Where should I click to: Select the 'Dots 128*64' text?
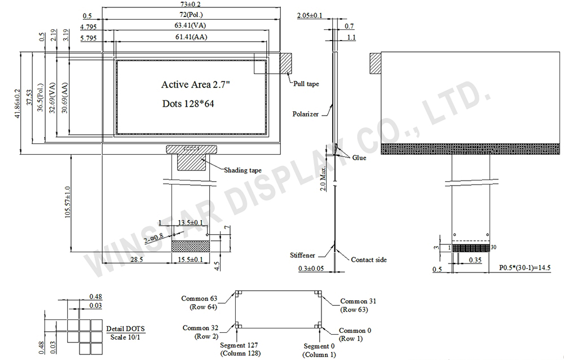click(x=188, y=104)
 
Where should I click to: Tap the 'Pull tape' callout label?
click(x=306, y=84)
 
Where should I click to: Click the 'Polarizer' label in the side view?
click(x=305, y=114)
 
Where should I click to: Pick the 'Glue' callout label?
click(x=359, y=157)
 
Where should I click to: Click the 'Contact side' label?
click(x=369, y=260)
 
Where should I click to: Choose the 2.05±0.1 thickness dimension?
click(x=310, y=16)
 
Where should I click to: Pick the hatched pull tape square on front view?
click(x=287, y=63)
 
